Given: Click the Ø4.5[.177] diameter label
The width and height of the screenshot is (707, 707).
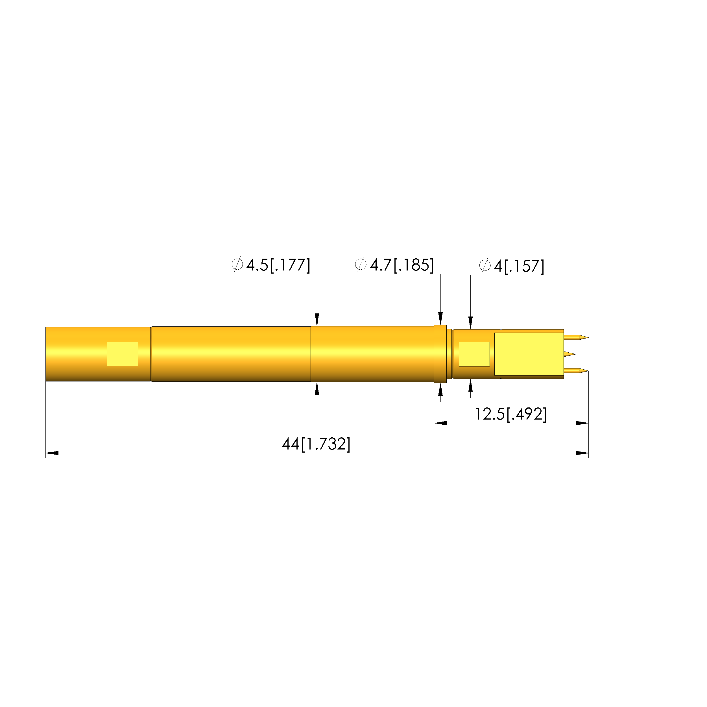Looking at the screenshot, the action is click(x=271, y=265).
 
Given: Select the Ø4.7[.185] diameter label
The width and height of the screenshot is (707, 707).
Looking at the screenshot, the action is click(x=394, y=265).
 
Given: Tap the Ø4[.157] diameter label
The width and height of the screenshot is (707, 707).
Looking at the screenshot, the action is click(x=512, y=266).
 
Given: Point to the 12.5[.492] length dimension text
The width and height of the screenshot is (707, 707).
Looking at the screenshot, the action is click(x=511, y=414).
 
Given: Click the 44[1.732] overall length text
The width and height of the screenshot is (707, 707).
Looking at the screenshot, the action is click(x=316, y=444).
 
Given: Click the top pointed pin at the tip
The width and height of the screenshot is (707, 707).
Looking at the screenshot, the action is click(x=576, y=337).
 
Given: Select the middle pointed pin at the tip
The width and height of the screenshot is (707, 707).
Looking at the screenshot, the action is click(x=570, y=354).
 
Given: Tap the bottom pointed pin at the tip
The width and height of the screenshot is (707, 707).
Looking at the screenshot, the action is click(x=576, y=371).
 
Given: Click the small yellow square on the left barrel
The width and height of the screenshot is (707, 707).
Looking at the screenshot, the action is click(x=123, y=354).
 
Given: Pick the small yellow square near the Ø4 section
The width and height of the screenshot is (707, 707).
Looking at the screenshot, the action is click(x=474, y=354).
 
